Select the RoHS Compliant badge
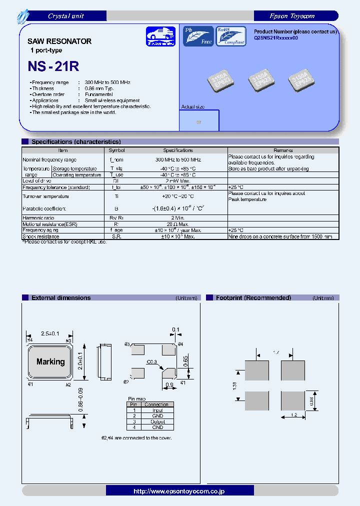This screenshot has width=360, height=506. tap(230, 36)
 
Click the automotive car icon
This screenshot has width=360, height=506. tap(160, 36)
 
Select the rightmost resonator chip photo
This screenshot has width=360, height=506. tap(301, 80)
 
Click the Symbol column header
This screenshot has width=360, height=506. tap(116, 150)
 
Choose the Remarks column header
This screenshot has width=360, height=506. tap(283, 150)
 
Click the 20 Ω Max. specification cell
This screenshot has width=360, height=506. tap(177, 224)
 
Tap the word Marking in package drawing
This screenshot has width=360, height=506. tap(50, 361)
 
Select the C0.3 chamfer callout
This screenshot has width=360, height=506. tap(152, 361)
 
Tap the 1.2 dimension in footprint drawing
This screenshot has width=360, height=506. tap(293, 415)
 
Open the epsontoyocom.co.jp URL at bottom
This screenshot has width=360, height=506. tap(179, 491)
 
